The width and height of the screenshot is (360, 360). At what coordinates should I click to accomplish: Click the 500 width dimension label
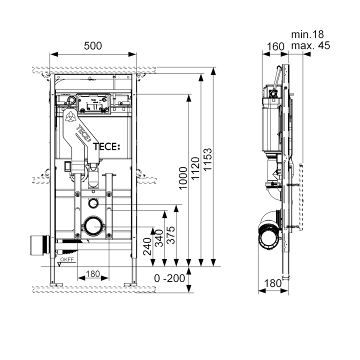(x=93, y=45)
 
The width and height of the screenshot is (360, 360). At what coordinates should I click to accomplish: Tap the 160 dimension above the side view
(x=274, y=46)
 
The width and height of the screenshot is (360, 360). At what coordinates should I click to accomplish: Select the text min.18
(x=307, y=34)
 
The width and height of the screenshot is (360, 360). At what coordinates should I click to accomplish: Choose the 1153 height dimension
(x=208, y=158)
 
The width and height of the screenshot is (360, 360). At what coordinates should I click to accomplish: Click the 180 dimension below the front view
(x=92, y=274)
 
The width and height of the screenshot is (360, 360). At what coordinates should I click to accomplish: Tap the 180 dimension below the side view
(x=272, y=283)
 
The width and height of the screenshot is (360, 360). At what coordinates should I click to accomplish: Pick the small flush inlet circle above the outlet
(x=93, y=203)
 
